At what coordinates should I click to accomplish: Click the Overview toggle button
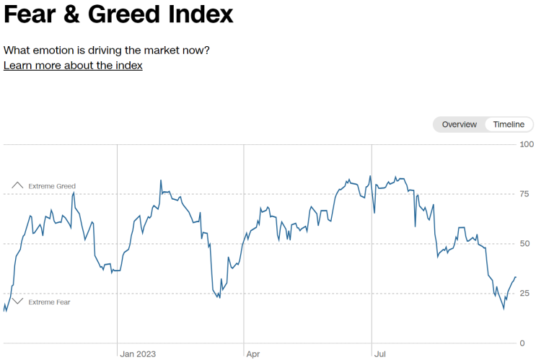(x=459, y=124)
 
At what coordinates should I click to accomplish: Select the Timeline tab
(x=509, y=124)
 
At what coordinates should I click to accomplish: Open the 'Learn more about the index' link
(x=73, y=65)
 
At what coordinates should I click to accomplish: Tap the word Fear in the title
(x=30, y=14)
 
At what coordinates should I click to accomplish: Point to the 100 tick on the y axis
(x=526, y=144)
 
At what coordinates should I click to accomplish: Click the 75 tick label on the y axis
(x=524, y=194)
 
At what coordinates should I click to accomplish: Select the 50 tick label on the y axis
(x=524, y=244)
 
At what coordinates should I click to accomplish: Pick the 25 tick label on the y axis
(x=524, y=294)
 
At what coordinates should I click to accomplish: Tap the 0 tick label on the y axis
(x=522, y=343)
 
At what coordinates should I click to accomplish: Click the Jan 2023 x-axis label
(x=138, y=354)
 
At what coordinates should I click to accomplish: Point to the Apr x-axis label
(x=252, y=354)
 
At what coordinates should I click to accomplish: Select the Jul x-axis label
(x=380, y=354)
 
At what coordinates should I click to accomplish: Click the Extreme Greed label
(x=52, y=186)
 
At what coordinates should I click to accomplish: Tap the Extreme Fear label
(x=49, y=302)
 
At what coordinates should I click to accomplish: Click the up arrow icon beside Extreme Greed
(x=17, y=185)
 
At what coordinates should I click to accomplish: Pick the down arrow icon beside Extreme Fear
(x=17, y=301)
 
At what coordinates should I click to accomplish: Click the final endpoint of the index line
(x=515, y=277)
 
